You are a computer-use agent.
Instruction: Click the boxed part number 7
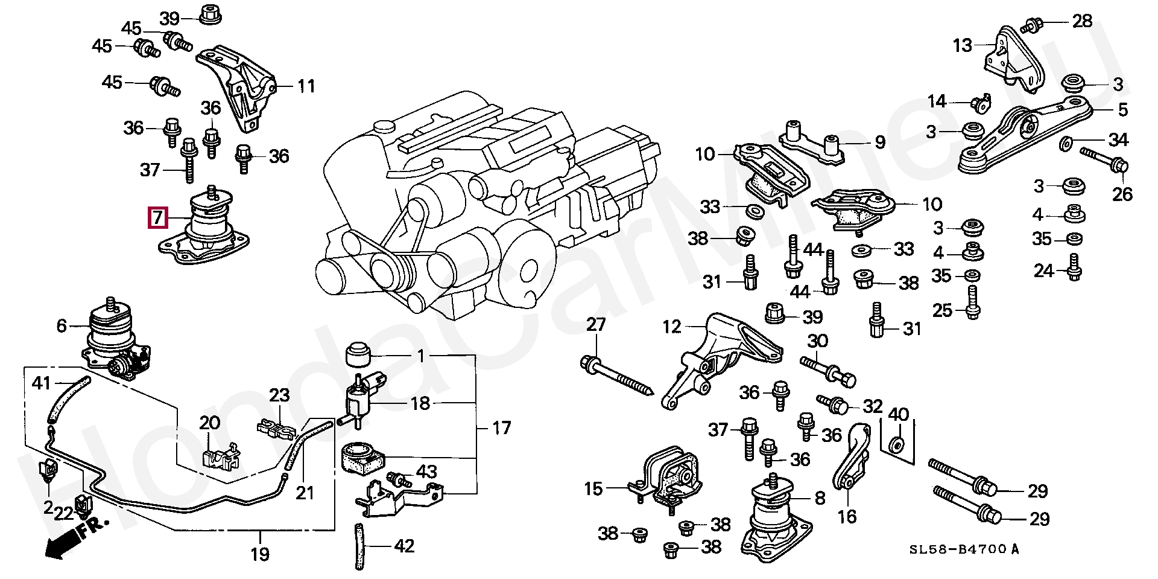click(157, 217)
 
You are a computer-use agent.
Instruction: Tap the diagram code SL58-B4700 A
click(964, 549)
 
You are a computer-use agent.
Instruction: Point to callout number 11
click(306, 86)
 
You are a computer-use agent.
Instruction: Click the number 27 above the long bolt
click(596, 324)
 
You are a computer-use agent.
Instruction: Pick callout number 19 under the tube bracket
click(260, 554)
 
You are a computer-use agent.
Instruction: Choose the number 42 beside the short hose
click(404, 546)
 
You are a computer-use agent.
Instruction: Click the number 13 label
click(963, 45)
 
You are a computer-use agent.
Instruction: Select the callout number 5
click(1122, 110)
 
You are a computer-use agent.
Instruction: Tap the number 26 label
click(1122, 194)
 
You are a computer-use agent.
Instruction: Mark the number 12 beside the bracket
click(671, 327)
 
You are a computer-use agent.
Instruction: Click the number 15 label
click(593, 488)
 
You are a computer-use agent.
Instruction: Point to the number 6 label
click(62, 326)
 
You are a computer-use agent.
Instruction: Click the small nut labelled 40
click(897, 446)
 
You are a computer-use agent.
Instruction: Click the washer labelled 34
click(1066, 144)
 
